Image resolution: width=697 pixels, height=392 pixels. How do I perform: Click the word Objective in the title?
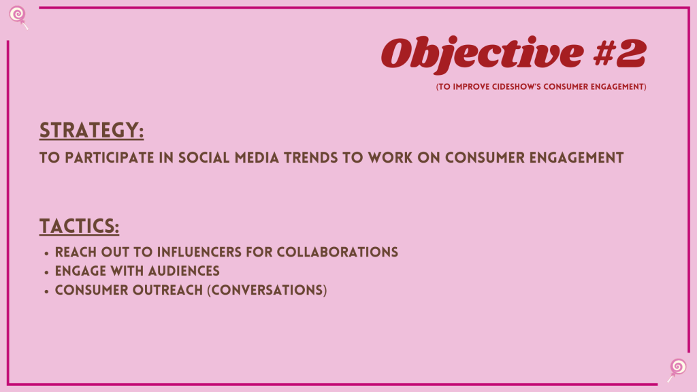482,54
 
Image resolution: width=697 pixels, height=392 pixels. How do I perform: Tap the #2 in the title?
619,53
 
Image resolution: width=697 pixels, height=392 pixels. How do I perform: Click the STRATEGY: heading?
92,130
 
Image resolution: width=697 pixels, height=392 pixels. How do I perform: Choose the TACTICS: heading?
79,226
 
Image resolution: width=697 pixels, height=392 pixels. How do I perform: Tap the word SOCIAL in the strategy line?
204,158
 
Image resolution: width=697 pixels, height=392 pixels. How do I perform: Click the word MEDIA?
257,158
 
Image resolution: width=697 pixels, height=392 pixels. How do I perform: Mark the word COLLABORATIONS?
338,252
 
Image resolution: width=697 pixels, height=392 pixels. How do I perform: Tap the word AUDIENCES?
184,271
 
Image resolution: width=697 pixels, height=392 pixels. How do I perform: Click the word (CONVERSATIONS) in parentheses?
267,290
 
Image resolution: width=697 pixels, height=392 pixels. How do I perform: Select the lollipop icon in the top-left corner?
18,17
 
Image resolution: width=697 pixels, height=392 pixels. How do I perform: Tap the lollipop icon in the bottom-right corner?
677,370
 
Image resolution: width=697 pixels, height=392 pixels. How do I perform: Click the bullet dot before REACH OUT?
46,254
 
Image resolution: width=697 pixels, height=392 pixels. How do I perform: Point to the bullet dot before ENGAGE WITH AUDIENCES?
46,272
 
